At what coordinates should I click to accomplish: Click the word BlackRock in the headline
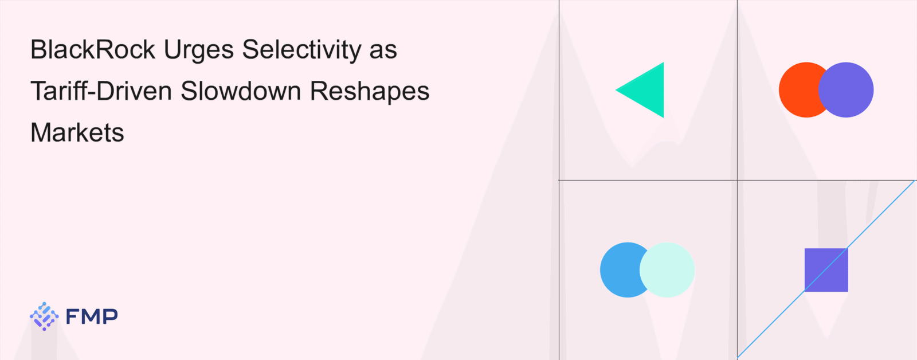click(x=92, y=49)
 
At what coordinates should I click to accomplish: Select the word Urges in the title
click(x=198, y=51)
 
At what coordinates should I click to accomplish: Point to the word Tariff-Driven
click(x=101, y=91)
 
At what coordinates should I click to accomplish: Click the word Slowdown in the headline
click(x=241, y=91)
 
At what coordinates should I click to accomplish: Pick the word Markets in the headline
click(x=77, y=132)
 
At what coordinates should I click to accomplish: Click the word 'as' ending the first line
click(x=383, y=53)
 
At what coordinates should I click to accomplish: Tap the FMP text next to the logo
click(x=92, y=316)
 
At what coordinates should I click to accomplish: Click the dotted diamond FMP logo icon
click(x=44, y=316)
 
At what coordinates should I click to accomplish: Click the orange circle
click(x=798, y=89)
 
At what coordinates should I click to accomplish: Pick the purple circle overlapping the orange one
click(x=846, y=89)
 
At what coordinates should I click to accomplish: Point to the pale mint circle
click(x=667, y=270)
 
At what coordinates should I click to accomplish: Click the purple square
click(x=826, y=270)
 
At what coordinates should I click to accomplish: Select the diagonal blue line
click(x=826, y=269)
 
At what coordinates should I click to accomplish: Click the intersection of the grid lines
click(x=737, y=180)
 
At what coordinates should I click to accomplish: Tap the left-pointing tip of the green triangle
click(x=616, y=90)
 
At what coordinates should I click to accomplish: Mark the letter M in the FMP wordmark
click(x=92, y=316)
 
